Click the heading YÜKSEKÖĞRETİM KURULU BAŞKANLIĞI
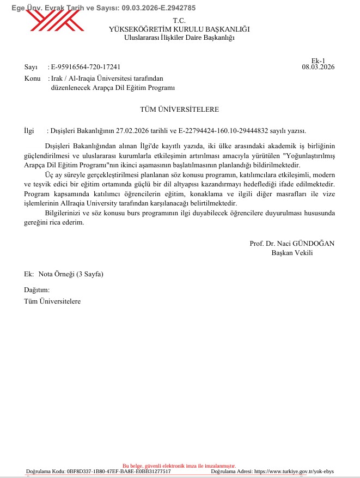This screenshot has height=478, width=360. click(x=179, y=29)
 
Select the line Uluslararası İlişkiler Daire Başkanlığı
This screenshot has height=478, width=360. click(x=179, y=38)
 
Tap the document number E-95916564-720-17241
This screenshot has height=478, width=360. click(x=86, y=67)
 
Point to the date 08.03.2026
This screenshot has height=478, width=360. click(x=318, y=67)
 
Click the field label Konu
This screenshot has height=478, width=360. click(x=33, y=78)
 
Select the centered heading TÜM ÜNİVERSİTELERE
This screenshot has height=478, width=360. click(x=179, y=110)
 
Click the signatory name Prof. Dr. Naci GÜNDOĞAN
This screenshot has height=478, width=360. click(x=292, y=244)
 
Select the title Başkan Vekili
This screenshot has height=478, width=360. click(x=292, y=252)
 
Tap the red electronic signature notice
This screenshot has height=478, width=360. click(x=179, y=466)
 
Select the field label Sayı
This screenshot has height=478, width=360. click(x=30, y=67)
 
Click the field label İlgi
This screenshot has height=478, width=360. click(x=29, y=131)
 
